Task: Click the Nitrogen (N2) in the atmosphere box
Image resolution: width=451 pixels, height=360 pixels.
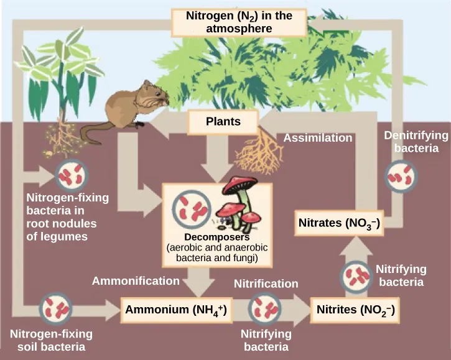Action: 239,22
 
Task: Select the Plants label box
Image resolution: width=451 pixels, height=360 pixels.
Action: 223,122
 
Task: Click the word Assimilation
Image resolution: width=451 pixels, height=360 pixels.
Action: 318,138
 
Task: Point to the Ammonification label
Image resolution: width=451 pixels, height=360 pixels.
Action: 136,281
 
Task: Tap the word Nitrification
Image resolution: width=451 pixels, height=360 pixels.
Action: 266,284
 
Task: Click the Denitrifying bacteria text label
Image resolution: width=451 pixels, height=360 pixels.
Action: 412,142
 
